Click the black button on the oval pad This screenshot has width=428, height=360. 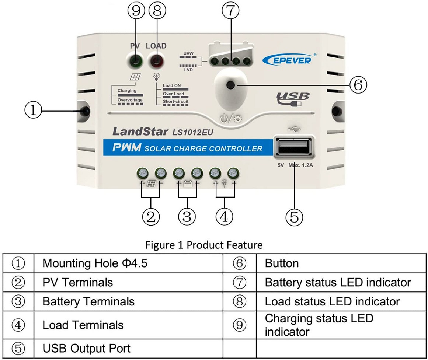[x=231, y=85]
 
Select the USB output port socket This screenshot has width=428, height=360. [x=294, y=148]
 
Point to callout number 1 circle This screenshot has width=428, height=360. [x=34, y=110]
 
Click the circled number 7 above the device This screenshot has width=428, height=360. [x=230, y=11]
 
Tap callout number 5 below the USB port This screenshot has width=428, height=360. [x=294, y=217]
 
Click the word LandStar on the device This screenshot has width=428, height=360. [x=140, y=132]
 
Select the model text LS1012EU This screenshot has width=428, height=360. [x=193, y=132]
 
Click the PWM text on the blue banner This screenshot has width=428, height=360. [x=127, y=148]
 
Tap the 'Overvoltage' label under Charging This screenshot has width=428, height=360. [x=130, y=100]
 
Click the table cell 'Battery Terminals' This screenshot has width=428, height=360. [x=88, y=301]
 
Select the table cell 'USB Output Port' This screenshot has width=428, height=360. [x=86, y=348]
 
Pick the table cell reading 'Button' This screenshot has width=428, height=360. [x=282, y=263]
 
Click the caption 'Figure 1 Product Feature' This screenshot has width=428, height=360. [x=204, y=245]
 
